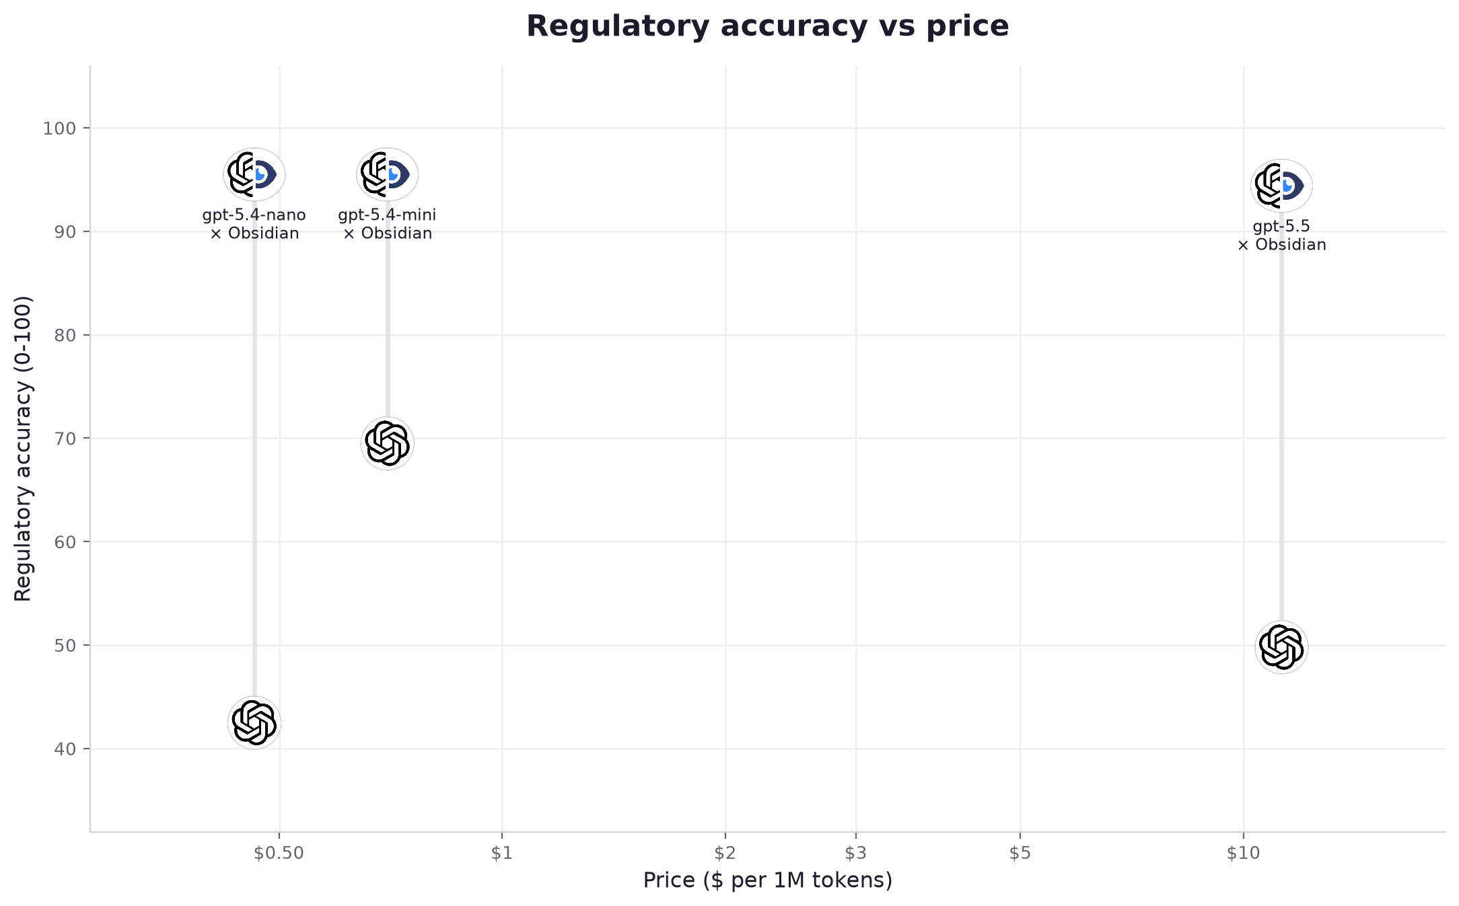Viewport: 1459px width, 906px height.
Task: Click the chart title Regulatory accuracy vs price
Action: pos(767,27)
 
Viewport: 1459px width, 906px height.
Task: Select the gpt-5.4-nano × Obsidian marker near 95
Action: pos(254,175)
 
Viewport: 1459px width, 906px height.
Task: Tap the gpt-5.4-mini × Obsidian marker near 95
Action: pos(388,175)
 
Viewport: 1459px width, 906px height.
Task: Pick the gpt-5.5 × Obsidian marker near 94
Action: pos(1281,186)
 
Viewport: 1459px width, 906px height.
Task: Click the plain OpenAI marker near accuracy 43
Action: pos(254,722)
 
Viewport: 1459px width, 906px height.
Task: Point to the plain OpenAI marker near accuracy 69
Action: pos(387,443)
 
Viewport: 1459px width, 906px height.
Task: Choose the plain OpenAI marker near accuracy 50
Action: pos(1281,647)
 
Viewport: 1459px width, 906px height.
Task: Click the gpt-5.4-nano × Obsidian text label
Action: pos(254,224)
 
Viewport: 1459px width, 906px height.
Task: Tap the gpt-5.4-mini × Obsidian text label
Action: pos(388,224)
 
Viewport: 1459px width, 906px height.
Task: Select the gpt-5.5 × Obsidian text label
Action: pos(1281,235)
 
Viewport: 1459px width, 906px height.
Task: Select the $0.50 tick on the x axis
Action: pos(279,854)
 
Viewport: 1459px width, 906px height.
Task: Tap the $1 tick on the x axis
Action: pos(502,854)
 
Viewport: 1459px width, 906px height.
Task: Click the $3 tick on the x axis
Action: pos(856,854)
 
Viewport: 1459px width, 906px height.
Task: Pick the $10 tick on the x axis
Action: pos(1243,854)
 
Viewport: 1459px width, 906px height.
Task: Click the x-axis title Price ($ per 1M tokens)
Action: pos(767,880)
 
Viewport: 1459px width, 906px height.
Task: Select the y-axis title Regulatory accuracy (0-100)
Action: pos(23,449)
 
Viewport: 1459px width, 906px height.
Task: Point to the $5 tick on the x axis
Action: pos(1020,854)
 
